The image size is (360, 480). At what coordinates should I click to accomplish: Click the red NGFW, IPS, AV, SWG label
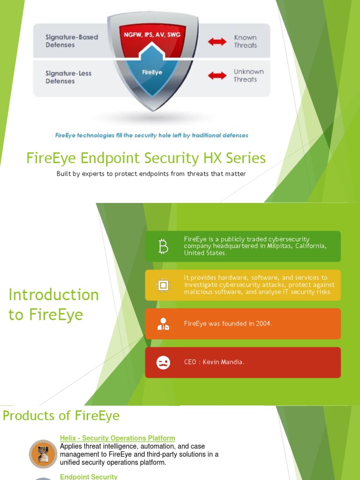pos(152,34)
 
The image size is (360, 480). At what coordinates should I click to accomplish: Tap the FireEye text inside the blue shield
pos(152,73)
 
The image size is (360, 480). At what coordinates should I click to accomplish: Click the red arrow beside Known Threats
pos(217,42)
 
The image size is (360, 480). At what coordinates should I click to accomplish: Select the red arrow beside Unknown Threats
pos(217,75)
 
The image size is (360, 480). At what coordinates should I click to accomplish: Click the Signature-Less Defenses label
pos(68,77)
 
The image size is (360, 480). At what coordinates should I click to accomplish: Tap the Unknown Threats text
pos(248,75)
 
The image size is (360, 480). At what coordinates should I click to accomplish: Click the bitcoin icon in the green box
pos(163,246)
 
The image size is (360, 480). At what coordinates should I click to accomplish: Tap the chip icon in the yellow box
pos(163,285)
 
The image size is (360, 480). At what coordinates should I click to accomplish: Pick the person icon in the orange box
pos(163,324)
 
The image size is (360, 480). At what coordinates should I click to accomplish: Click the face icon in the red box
pos(163,362)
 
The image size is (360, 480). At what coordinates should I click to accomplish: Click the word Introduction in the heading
pos(54,295)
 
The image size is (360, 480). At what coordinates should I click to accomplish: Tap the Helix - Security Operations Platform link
pos(117,438)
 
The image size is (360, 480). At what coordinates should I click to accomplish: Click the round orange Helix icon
pos(43,453)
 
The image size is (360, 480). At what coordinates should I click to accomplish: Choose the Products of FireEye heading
pos(61,416)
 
